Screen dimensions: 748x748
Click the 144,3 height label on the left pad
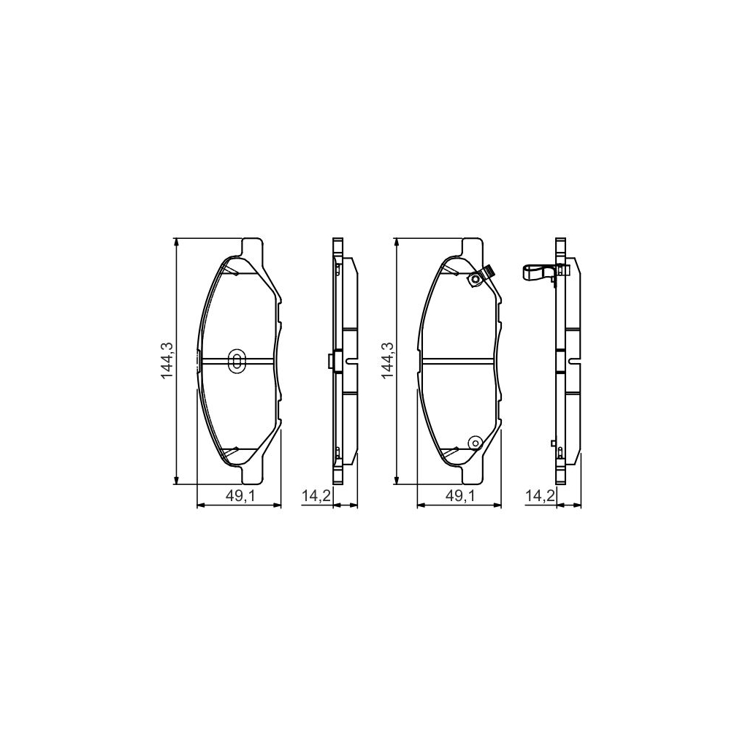167,360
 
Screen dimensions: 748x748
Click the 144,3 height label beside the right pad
386,360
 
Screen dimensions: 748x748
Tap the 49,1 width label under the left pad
239,496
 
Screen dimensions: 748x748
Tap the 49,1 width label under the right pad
460,496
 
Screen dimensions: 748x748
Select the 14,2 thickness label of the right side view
540,496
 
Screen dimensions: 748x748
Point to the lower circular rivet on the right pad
474,443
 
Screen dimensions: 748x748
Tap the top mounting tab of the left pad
252,247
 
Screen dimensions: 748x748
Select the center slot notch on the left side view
351,361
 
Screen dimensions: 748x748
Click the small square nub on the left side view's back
329,361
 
